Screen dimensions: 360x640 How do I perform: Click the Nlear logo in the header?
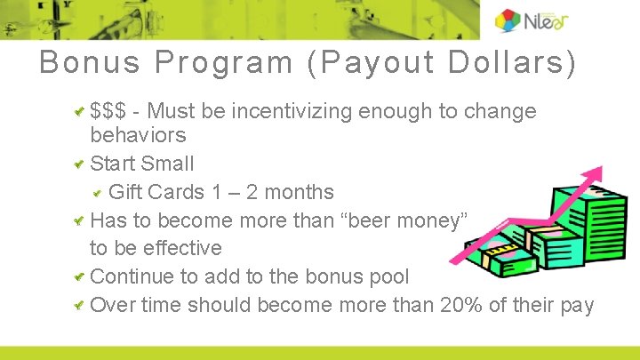[x=532, y=20]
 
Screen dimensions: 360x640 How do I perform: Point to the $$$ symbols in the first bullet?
[x=108, y=112]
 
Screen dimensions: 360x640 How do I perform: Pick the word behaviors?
[x=138, y=136]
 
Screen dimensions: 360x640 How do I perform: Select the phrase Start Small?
[x=142, y=164]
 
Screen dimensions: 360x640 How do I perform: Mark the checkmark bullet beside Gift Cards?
[x=98, y=192]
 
